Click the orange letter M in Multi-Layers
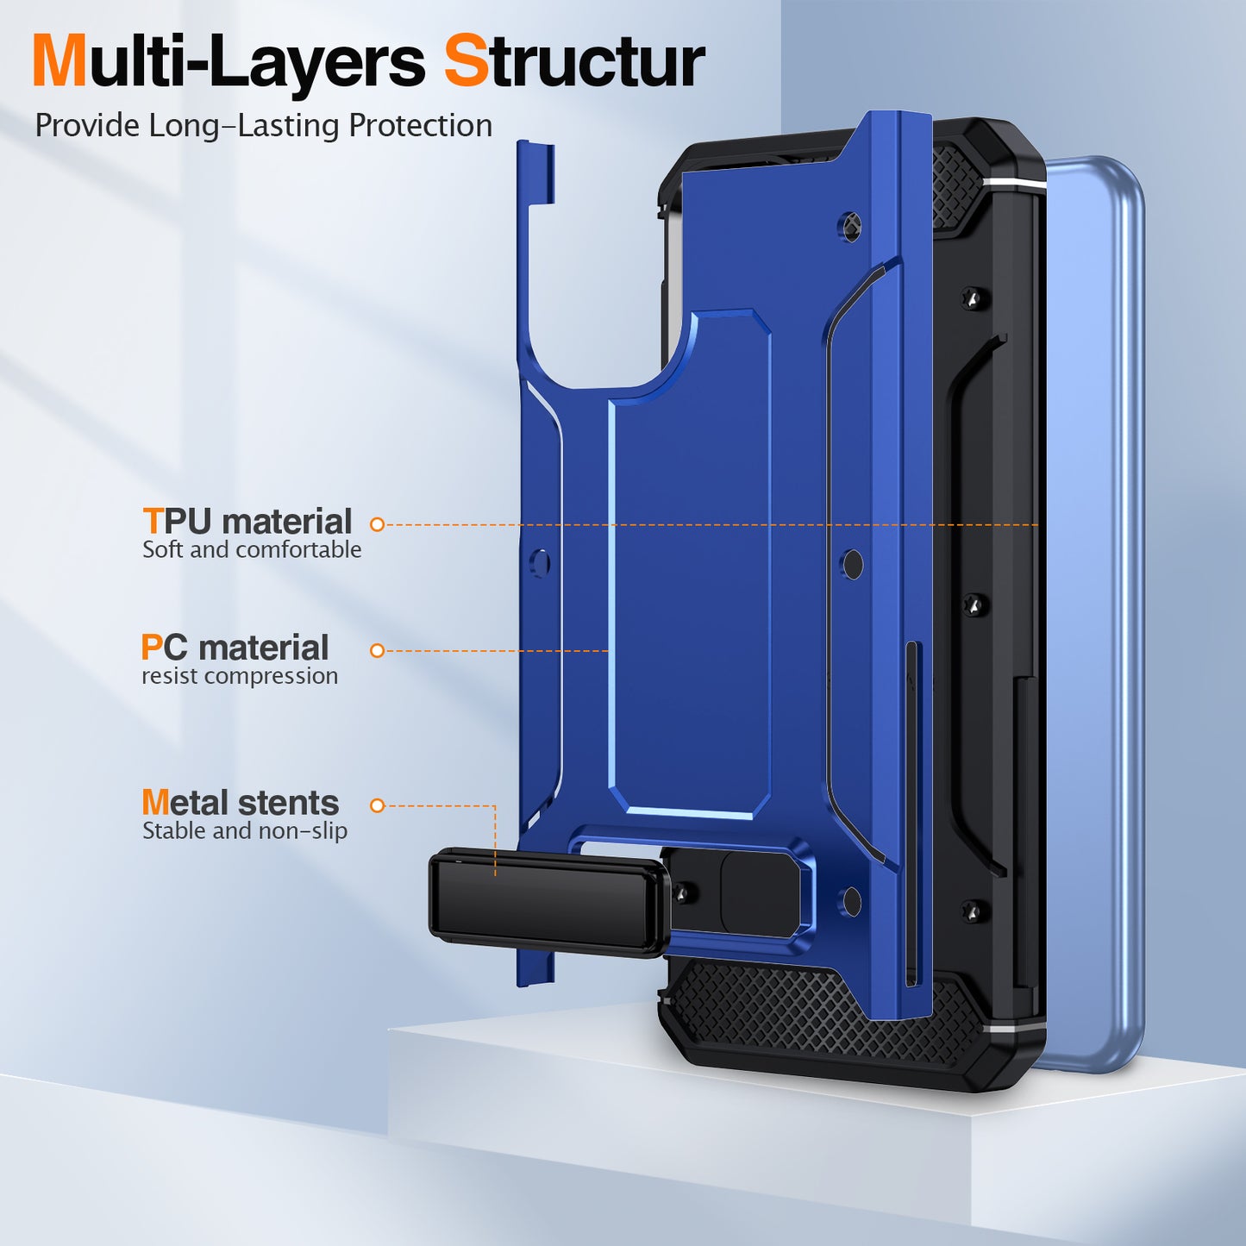pos(59,62)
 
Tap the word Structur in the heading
pos(574,62)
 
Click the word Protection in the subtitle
pos(420,126)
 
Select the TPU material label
pos(247,522)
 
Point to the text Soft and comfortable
pos(252,550)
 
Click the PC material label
pos(235,648)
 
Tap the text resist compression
pos(240,676)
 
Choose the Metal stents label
pos(240,803)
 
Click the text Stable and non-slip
pos(245,831)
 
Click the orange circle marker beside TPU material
pos(377,524)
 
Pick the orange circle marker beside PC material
pos(377,650)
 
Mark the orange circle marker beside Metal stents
pos(377,805)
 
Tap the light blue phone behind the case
pos(1095,604)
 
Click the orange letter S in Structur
pos(466,62)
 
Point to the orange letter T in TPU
pos(153,522)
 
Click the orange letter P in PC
pos(152,648)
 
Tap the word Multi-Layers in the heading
pos(229,62)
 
